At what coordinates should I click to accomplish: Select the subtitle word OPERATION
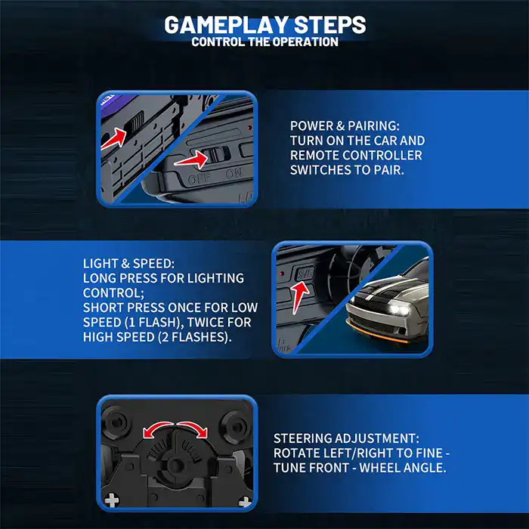tap(305, 42)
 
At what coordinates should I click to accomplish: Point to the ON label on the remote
tap(234, 173)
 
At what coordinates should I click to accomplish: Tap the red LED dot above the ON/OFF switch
tap(249, 128)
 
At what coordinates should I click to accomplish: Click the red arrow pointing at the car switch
tap(113, 138)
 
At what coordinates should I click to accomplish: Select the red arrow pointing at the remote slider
tap(191, 159)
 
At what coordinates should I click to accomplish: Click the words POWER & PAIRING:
tap(345, 126)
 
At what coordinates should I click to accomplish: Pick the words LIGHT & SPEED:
tap(129, 264)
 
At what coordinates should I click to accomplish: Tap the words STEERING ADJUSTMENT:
tap(346, 438)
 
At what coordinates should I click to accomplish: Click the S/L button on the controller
tap(305, 274)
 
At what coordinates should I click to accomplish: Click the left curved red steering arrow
tap(157, 428)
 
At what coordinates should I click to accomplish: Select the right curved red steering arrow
tap(192, 428)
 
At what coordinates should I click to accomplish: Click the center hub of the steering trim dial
tap(175, 465)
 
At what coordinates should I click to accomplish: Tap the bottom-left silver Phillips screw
tap(111, 500)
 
